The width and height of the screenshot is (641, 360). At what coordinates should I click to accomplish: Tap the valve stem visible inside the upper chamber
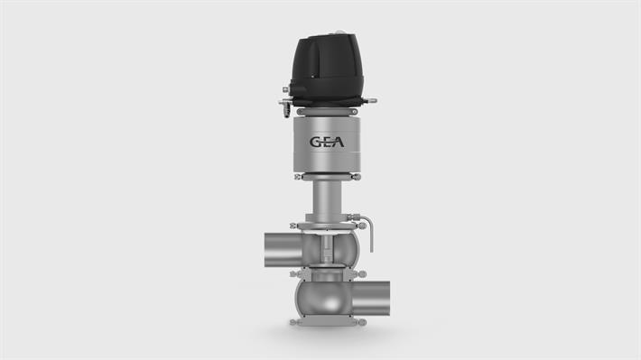click(325, 247)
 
